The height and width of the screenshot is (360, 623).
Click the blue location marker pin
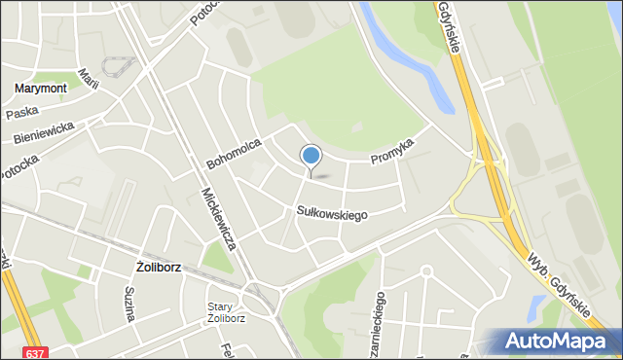(311, 157)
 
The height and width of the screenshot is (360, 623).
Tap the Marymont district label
(41, 89)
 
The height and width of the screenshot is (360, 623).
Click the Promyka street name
(392, 150)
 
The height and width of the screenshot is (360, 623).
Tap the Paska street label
(21, 114)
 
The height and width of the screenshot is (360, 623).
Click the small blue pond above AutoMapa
(535, 310)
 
